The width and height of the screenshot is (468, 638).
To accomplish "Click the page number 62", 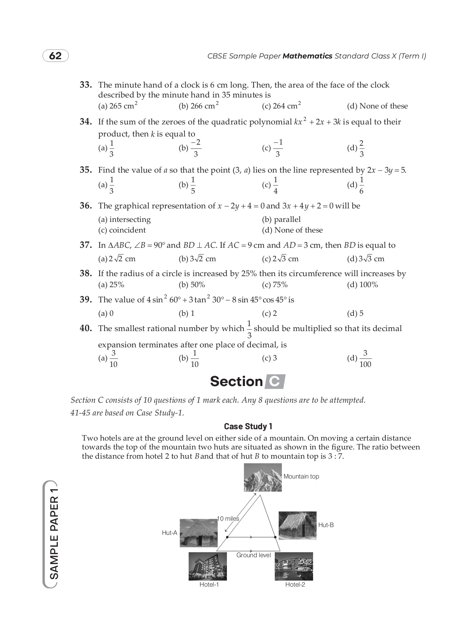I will (56, 56).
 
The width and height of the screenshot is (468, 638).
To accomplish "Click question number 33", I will (86, 85).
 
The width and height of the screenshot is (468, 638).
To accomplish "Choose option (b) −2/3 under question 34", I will (190, 148).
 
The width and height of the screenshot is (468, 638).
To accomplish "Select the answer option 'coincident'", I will (122, 230).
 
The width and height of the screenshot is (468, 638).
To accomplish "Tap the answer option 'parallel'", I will (281, 219).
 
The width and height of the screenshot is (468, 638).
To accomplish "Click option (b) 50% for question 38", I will (192, 285).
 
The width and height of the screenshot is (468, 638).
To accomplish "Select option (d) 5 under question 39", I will (355, 313).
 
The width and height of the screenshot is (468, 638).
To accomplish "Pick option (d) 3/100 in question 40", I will (360, 358).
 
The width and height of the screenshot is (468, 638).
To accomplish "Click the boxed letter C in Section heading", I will (275, 381).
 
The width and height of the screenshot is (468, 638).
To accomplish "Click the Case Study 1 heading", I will (248, 426).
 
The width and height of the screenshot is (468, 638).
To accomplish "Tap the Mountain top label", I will (301, 476).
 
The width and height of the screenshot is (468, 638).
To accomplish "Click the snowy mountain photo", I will (263, 477).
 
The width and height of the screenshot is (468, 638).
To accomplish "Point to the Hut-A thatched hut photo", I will (198, 532).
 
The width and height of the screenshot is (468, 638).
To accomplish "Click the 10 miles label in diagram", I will (228, 519).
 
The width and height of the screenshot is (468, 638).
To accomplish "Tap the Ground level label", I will (253, 555).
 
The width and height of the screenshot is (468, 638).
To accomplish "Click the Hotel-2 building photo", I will (294, 566).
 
